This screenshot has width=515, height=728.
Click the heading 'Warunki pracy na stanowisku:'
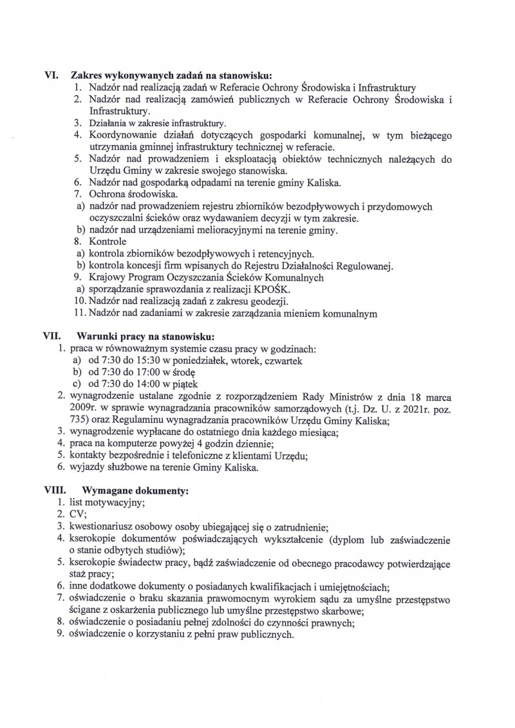click(145, 336)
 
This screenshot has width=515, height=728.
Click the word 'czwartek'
click(279, 360)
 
